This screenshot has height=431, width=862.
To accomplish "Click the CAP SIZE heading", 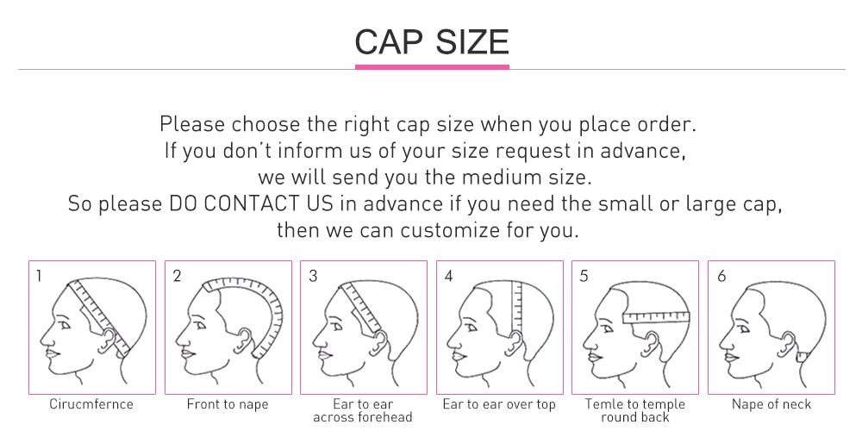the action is click(432, 41).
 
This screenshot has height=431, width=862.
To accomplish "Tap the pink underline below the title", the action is click(432, 67).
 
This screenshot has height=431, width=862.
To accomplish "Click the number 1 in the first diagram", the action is click(39, 276).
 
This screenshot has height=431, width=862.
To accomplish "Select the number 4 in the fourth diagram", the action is click(448, 276).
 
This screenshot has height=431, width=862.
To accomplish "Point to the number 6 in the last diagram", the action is click(721, 276).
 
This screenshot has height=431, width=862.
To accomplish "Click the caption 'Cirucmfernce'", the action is click(91, 404).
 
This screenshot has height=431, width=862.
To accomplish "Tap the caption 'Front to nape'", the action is click(228, 405).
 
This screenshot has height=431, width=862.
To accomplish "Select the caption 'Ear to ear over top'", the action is click(499, 405).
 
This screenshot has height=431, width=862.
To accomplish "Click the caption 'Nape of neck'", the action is click(771, 405).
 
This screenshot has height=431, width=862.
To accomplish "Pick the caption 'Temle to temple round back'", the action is click(635, 410).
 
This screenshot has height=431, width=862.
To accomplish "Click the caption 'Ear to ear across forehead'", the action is click(363, 410).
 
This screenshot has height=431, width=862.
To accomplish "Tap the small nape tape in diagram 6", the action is click(802, 356).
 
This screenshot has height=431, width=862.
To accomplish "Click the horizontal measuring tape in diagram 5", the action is click(656, 317).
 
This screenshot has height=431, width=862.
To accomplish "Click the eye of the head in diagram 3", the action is click(336, 327).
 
